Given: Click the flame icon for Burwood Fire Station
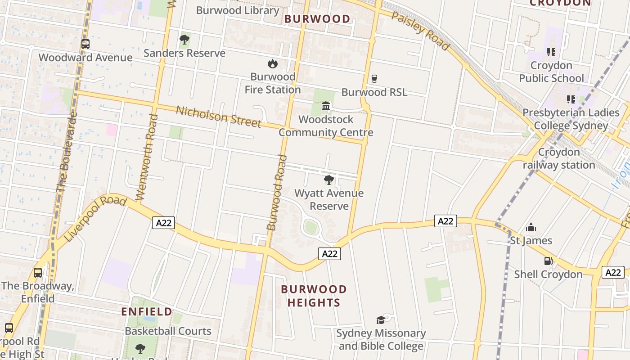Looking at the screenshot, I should click(x=272, y=63).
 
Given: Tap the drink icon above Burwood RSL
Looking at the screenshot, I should click(x=374, y=79).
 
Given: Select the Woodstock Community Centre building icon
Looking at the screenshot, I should click(x=326, y=106).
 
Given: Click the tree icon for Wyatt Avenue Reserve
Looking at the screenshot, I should click(x=329, y=180).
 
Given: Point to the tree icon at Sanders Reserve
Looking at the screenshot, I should click(x=184, y=40).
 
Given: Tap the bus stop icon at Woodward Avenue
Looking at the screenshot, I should click(x=85, y=44).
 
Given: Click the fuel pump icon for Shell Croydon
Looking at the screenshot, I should click(x=548, y=261).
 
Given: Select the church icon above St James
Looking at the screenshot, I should click(x=531, y=227).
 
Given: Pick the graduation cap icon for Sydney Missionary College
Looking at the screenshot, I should click(x=381, y=320).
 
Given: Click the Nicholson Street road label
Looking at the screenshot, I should click(x=218, y=117).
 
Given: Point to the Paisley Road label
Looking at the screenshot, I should click(x=420, y=31).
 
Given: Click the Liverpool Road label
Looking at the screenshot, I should click(x=95, y=218).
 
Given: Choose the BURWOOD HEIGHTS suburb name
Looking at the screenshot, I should click(x=314, y=296).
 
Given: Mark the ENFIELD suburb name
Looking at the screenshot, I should click(x=147, y=311).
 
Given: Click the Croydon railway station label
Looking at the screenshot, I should click(x=559, y=158).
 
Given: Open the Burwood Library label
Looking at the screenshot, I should click(x=238, y=10).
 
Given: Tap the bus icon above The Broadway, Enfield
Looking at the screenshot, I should click(x=38, y=273).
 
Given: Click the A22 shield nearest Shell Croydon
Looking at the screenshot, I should click(x=612, y=272).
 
